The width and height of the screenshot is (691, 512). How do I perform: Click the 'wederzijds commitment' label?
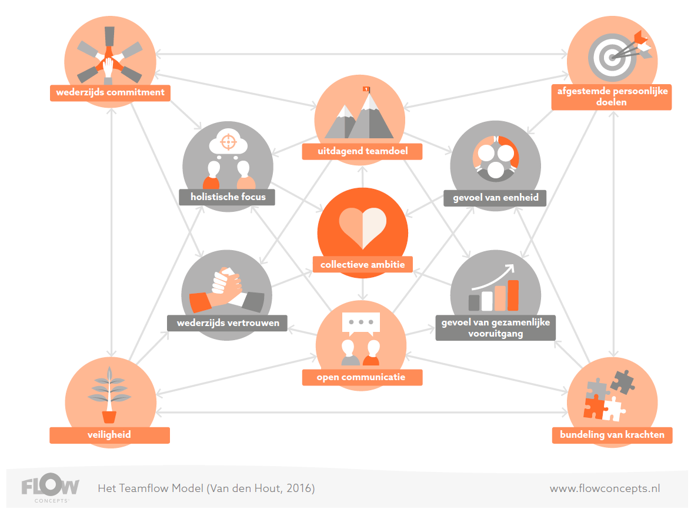[x=110, y=92]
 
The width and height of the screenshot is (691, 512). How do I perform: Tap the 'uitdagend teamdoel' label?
[x=362, y=151]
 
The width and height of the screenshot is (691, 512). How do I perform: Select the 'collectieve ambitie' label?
[x=362, y=265]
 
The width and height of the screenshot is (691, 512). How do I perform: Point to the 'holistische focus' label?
[x=228, y=197]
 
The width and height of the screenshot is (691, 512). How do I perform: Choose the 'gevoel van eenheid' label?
[x=495, y=198]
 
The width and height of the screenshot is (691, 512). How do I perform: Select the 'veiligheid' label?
[x=109, y=435]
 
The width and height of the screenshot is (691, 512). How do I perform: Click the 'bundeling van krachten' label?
[x=612, y=435]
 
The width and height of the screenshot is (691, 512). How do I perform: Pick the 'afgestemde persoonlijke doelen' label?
[x=611, y=97]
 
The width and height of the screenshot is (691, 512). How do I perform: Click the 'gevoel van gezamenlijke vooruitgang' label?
[x=495, y=328]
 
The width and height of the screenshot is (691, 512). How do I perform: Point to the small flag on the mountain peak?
[x=367, y=89]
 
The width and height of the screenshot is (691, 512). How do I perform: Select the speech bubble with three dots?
[x=361, y=323]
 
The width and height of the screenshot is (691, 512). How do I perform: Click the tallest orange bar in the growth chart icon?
[x=513, y=295]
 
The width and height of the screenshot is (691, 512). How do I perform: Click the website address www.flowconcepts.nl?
[x=605, y=488]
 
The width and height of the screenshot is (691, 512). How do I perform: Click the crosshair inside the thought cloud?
[x=228, y=142]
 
